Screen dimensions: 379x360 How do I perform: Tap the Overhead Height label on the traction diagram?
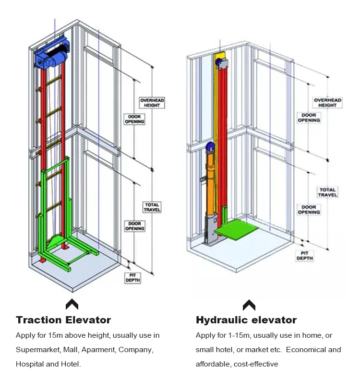[x=152, y=103]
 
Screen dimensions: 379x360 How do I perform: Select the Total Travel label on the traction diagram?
[x=152, y=207]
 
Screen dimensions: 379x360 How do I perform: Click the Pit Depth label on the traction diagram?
[x=132, y=277]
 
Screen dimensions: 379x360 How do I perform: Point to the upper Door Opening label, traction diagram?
[x=135, y=118]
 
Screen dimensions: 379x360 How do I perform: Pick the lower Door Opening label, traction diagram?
[x=135, y=226]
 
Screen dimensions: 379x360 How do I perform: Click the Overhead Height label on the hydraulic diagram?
[x=327, y=102]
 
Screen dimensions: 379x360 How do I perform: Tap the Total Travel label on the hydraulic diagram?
[x=328, y=192]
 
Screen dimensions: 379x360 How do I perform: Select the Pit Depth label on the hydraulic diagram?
[x=304, y=255]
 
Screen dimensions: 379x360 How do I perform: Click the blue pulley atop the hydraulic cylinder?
[x=210, y=147]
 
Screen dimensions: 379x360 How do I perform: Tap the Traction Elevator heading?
[x=63, y=320]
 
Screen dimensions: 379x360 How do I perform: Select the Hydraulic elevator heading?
[x=246, y=320]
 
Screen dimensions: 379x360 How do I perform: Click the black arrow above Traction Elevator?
[x=72, y=304]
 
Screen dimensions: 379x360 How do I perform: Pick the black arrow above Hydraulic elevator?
[x=249, y=304]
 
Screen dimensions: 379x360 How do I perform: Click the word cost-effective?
[x=256, y=364]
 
